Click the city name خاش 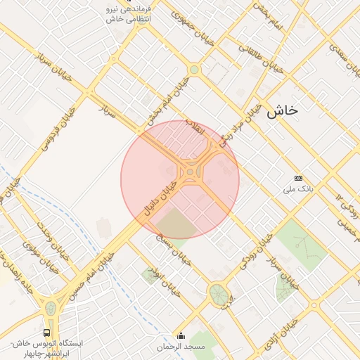(283, 111)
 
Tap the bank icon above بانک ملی (298, 179)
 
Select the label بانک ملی (297, 189)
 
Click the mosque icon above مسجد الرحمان (181, 336)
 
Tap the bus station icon (46, 332)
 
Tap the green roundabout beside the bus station (51, 309)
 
